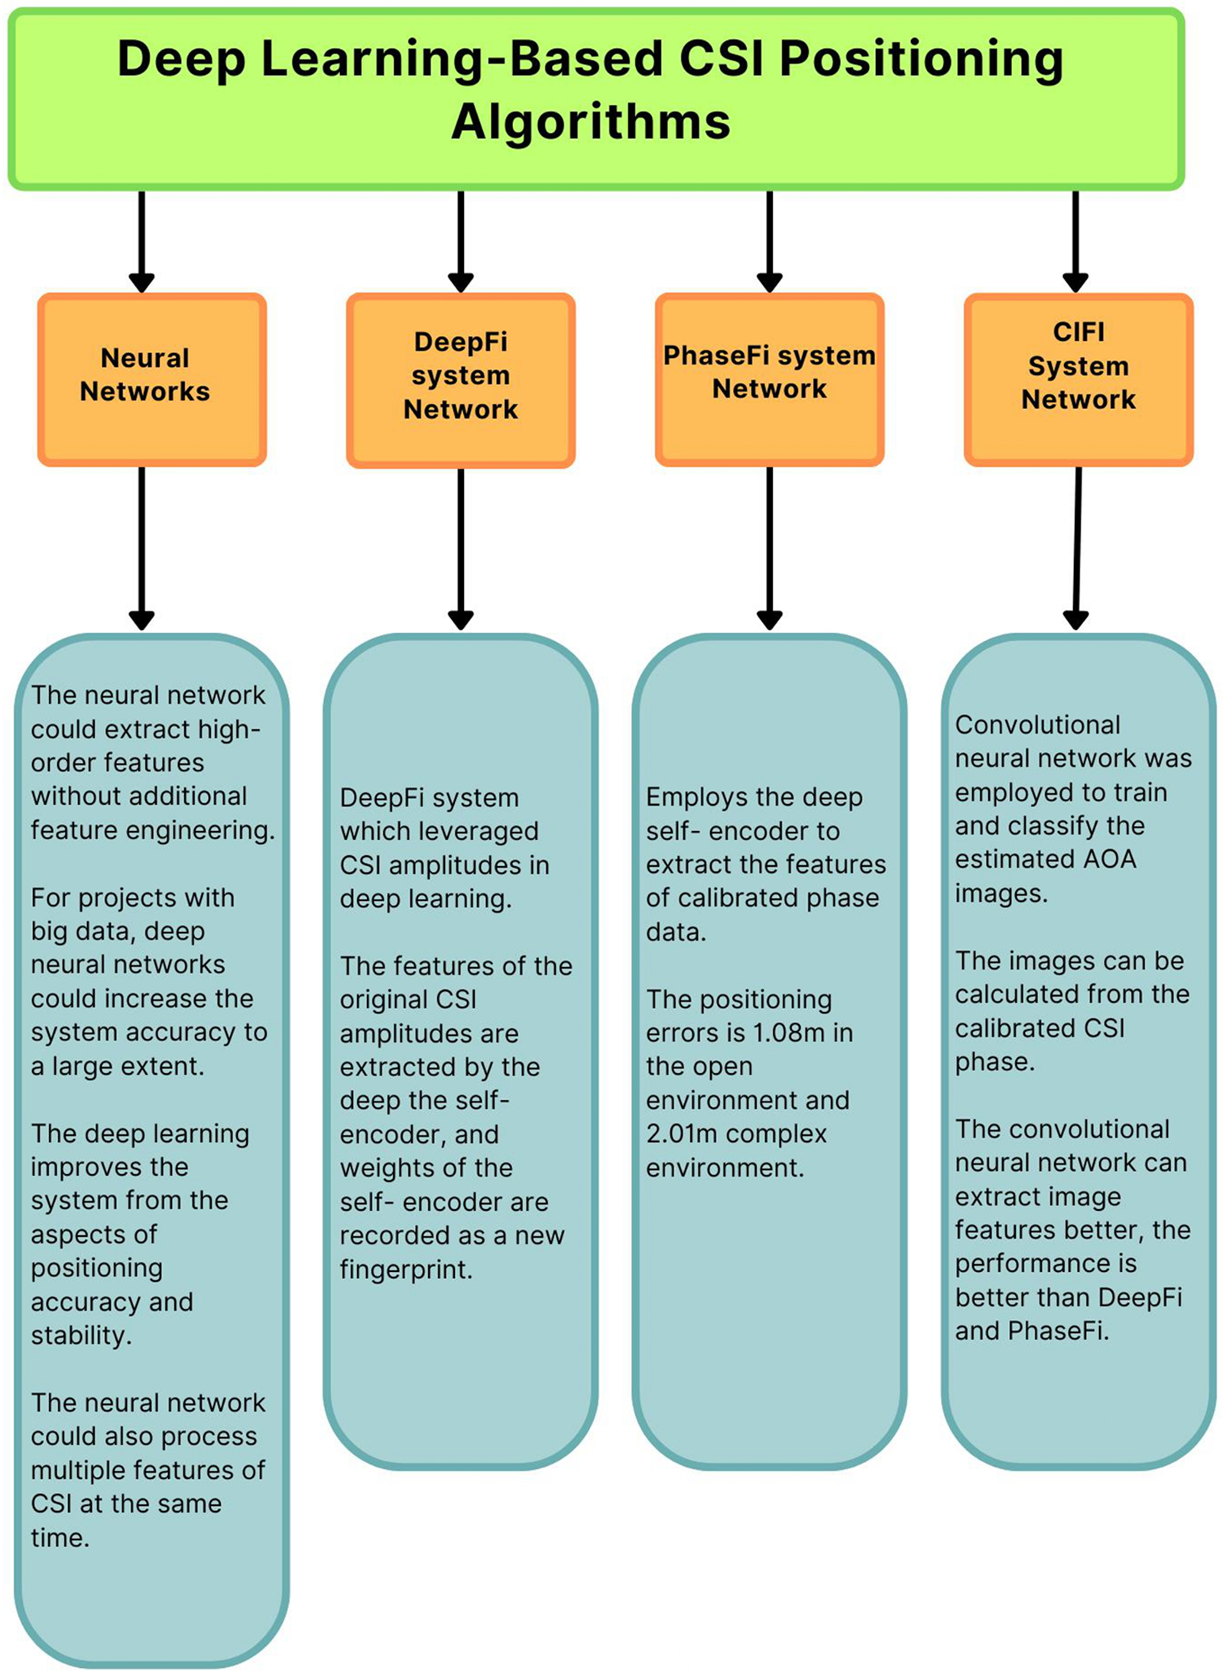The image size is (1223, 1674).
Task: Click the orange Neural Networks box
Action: coord(152,379)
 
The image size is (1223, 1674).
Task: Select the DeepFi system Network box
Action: coord(460,380)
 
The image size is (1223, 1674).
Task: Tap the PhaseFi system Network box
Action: coord(769,379)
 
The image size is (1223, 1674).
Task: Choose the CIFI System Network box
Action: coord(1078,379)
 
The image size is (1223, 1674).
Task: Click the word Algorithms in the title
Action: coord(591,122)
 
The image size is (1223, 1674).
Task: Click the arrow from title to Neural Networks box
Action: coord(141,241)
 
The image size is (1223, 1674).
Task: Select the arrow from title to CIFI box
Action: coord(1075,241)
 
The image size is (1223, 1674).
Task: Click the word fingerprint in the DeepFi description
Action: coord(405,1270)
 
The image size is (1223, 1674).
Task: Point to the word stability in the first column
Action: coord(80,1335)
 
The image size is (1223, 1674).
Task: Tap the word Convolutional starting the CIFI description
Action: coord(1037,725)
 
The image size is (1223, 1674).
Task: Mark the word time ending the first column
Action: coord(60,1537)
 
